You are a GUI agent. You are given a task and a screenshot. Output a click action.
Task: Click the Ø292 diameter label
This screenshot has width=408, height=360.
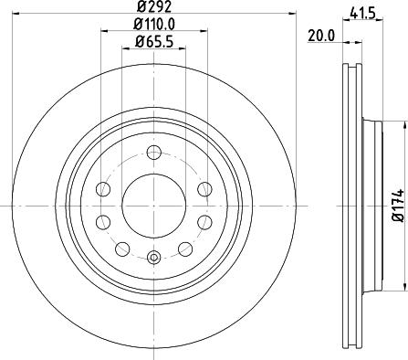coord(152,9)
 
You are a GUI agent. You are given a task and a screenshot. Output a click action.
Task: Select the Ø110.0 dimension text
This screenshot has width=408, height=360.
coord(152,25)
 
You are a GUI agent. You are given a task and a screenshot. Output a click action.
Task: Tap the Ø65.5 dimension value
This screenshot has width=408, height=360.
coord(152,40)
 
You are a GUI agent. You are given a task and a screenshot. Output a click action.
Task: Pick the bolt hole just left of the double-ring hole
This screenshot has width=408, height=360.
coord(120,248)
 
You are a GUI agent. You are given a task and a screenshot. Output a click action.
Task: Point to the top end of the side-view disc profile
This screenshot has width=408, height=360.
coord(352,66)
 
